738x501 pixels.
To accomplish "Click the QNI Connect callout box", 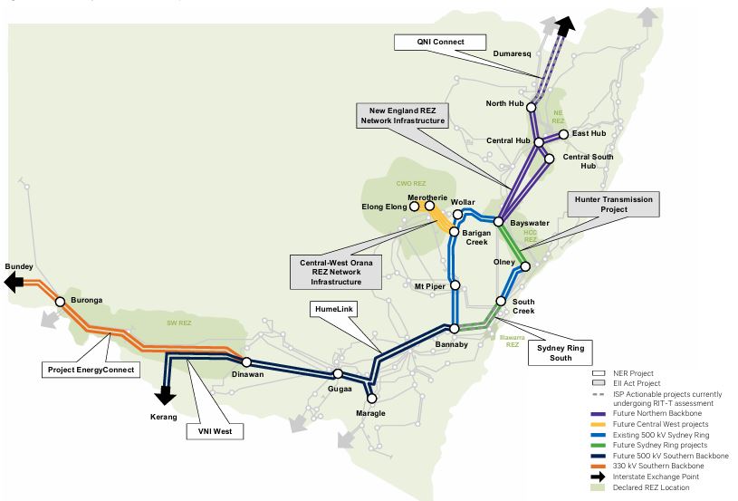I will tap(441, 43).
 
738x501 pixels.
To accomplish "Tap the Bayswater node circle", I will tap(499, 221).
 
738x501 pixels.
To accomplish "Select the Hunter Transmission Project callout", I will tap(609, 204).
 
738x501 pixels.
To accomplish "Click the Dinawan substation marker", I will tap(246, 361).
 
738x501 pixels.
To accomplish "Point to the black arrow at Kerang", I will tap(165, 395).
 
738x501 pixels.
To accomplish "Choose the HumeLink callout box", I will tap(332, 309).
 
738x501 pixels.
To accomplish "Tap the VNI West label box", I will tap(215, 431).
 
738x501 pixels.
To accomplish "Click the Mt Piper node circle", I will tap(455, 285).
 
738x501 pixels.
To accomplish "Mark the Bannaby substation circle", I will tap(455, 328).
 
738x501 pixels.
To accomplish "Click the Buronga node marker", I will tap(61, 301).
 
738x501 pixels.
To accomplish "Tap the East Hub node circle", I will tap(564, 134).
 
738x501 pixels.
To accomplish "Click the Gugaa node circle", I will tap(338, 373).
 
